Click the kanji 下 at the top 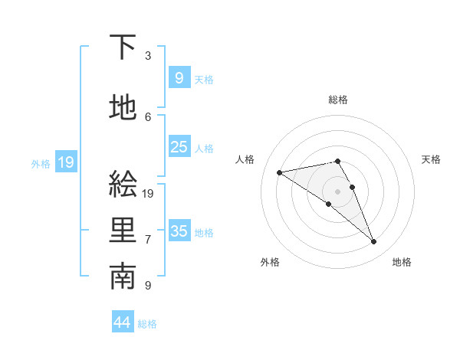pyautogui.click(x=123, y=48)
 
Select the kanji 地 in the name pyautogui.click(x=123, y=108)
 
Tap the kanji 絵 pyautogui.click(x=123, y=185)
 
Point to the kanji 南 pyautogui.click(x=123, y=278)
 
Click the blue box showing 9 pyautogui.click(x=179, y=77)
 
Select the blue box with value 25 pyautogui.click(x=179, y=147)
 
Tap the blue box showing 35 pyautogui.click(x=179, y=231)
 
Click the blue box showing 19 pyautogui.click(x=65, y=162)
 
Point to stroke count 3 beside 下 pyautogui.click(x=148, y=56)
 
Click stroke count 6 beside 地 pyautogui.click(x=148, y=116)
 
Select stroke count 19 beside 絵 pyautogui.click(x=149, y=194)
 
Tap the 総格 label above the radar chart pyautogui.click(x=337, y=100)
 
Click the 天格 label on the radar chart pyautogui.click(x=431, y=159)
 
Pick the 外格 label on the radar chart pyautogui.click(x=270, y=262)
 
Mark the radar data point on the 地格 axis pyautogui.click(x=374, y=242)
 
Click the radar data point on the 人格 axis pyautogui.click(x=279, y=172)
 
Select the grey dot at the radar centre pyautogui.click(x=337, y=191)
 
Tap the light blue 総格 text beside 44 pyautogui.click(x=147, y=324)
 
